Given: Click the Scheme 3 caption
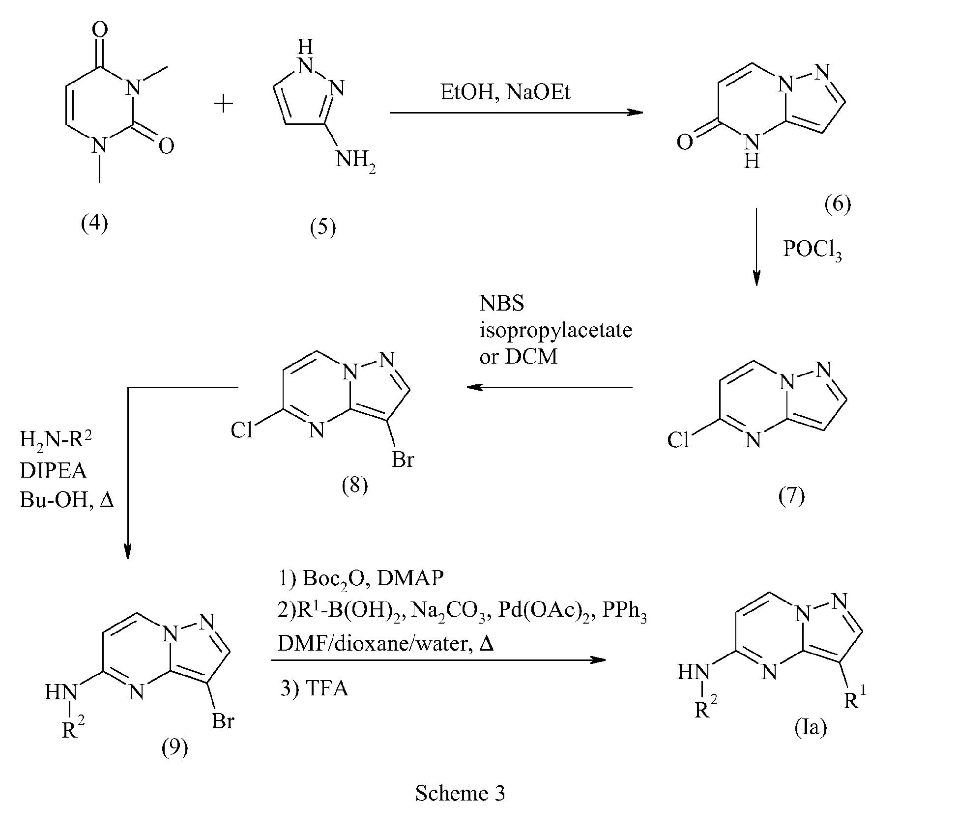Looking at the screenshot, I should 460,793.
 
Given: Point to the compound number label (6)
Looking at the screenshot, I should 838,203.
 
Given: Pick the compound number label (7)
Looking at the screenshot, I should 791,496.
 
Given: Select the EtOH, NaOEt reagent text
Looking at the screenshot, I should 505,92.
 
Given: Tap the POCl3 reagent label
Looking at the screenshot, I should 812,250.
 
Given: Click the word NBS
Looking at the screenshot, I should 502,304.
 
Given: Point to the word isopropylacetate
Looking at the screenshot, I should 555,330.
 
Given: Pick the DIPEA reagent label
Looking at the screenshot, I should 53,471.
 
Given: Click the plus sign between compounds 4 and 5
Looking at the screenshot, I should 224,104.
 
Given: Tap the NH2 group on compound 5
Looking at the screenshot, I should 355,161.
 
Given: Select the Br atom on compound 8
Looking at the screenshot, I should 403,460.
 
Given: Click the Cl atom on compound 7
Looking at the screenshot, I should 678,440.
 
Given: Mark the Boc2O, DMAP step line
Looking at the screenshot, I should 361,578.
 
